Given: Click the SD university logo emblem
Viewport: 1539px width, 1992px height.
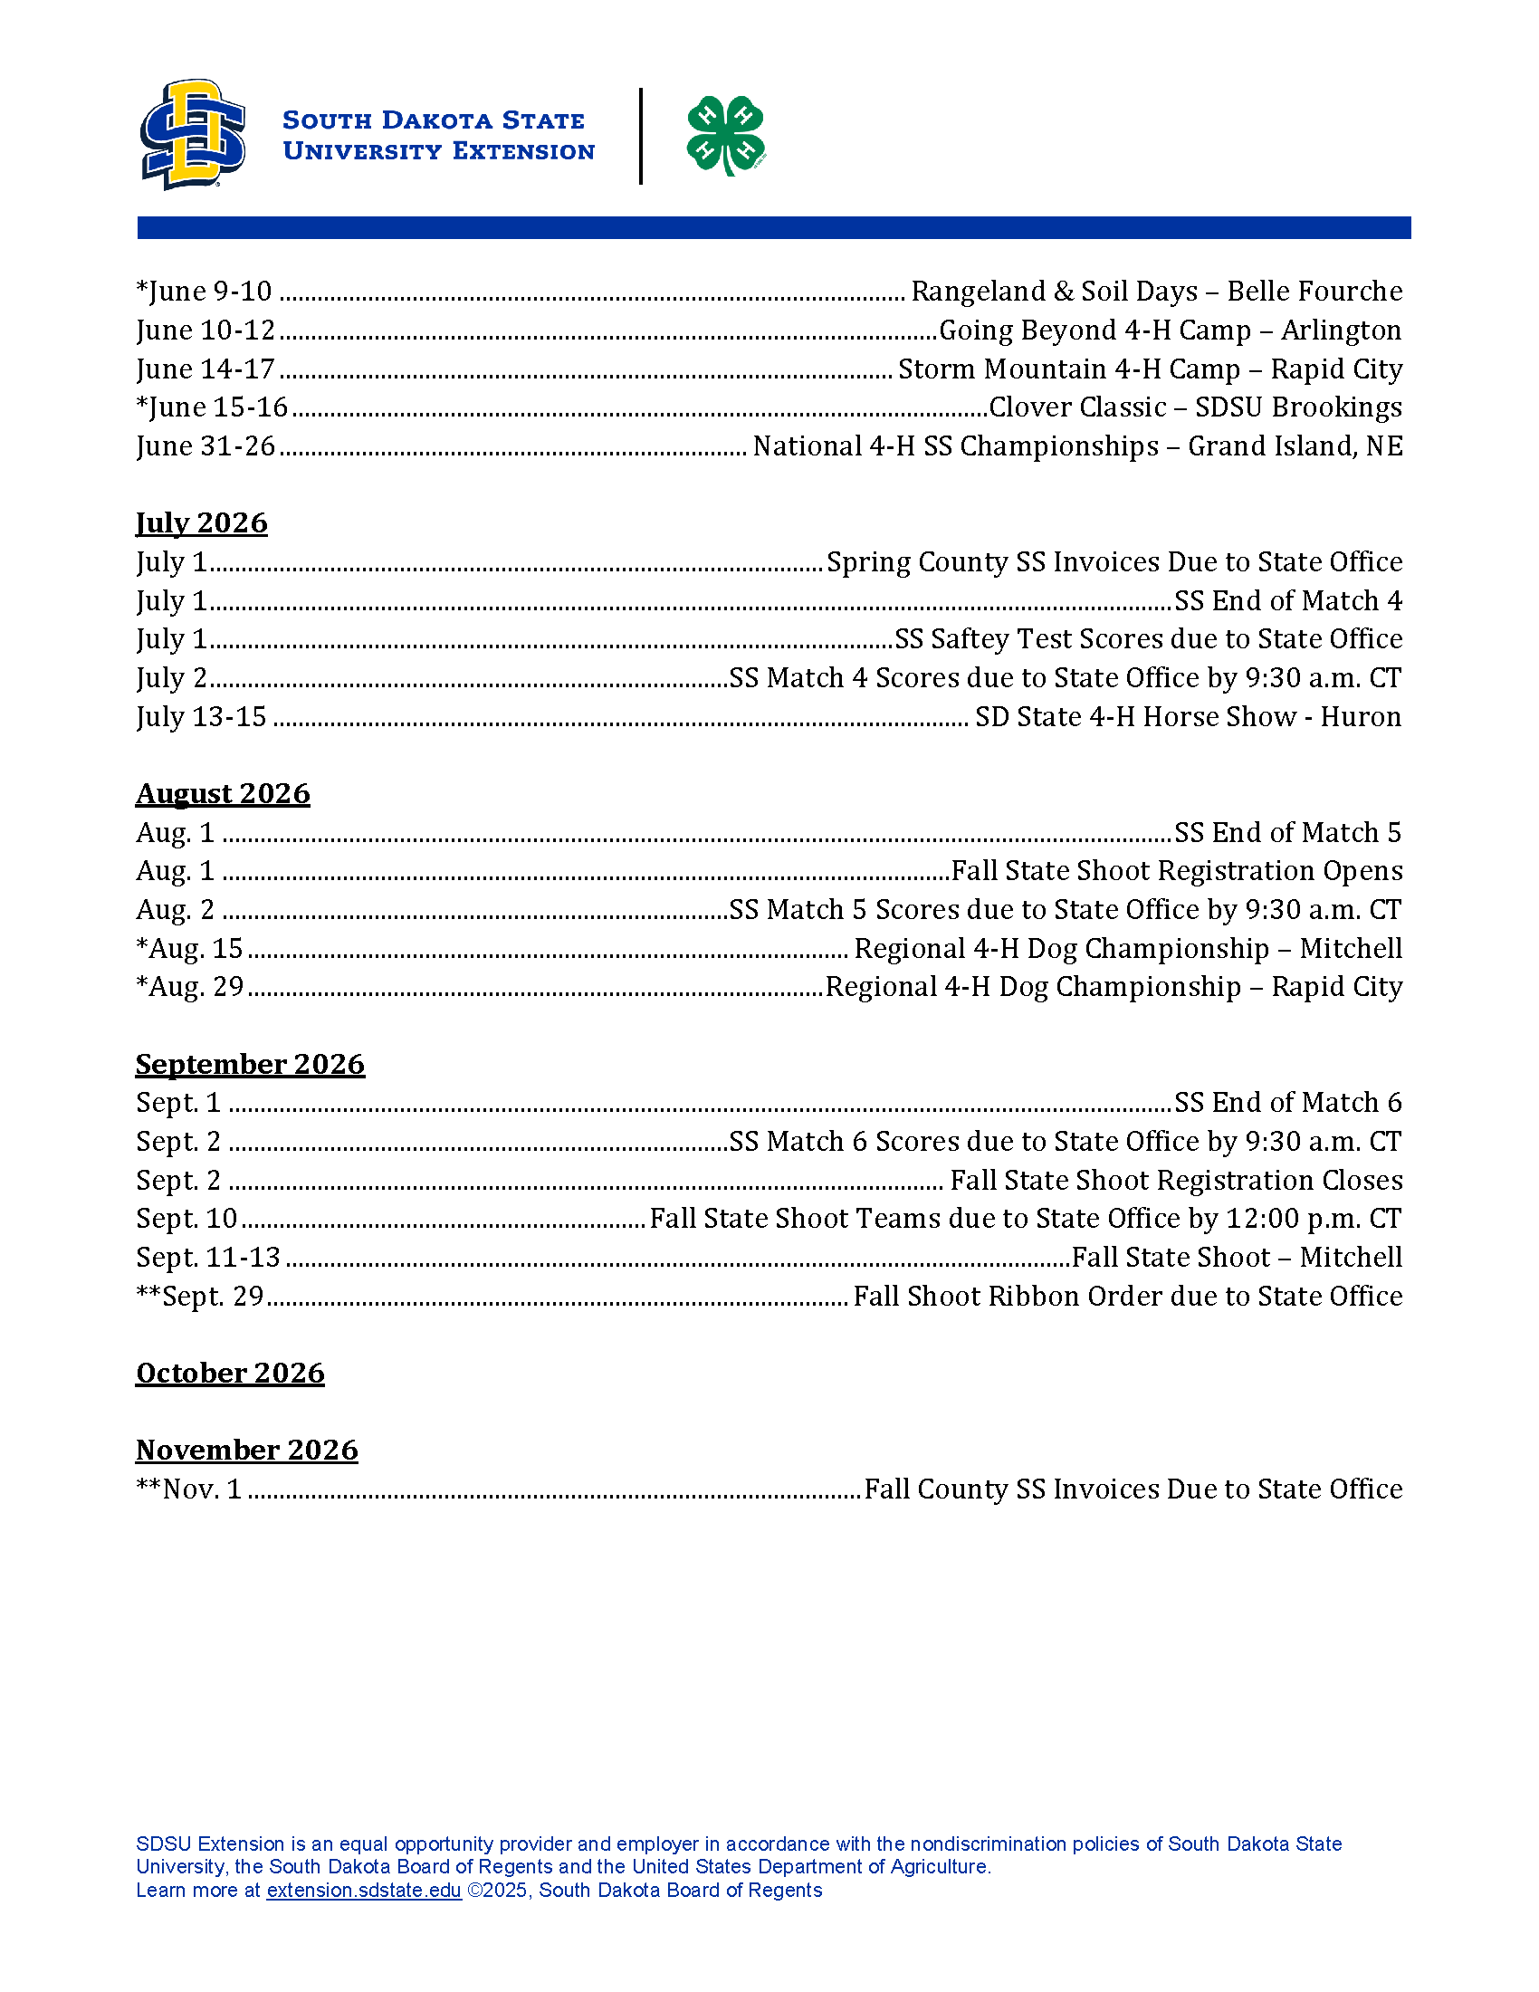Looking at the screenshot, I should [192, 134].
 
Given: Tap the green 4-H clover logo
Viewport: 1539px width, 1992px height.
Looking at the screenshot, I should [726, 135].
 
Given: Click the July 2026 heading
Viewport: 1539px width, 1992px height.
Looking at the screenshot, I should [202, 522].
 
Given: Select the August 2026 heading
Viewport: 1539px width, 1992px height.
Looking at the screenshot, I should [223, 793].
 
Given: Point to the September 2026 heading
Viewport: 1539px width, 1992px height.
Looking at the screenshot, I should [250, 1064].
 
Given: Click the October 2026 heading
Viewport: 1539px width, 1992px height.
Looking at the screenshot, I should [230, 1373].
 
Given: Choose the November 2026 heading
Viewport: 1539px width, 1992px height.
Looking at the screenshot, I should [246, 1450].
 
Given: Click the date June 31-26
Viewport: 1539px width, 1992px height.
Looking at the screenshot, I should [206, 446].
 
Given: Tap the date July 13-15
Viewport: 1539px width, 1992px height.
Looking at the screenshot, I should [201, 717].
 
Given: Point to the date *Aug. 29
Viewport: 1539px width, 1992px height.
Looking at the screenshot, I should [189, 987].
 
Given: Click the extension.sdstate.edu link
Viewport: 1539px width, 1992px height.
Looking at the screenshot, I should [363, 1890].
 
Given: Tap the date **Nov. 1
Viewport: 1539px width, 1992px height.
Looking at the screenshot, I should [188, 1489].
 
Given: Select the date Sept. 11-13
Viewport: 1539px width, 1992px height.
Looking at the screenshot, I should [208, 1258].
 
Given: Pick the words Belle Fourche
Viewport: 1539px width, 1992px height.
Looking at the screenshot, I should [1314, 292].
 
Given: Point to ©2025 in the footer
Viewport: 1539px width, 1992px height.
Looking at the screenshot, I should [498, 1890].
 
